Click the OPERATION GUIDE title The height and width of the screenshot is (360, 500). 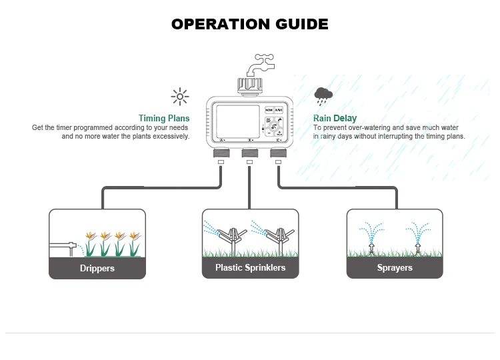coord(249,24)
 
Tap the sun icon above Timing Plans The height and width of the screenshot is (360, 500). coord(179,97)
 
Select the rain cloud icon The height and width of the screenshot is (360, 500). coord(324,96)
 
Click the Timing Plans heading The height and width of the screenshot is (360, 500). coord(164,119)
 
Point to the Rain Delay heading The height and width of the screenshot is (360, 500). coord(335,119)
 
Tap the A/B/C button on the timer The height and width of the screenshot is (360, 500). coord(281,109)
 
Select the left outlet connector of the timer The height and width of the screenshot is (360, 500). coord(221,153)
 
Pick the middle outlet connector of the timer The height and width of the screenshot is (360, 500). coord(249,153)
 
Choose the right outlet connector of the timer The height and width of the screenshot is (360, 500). coord(278,153)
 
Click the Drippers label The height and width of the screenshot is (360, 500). coord(97,268)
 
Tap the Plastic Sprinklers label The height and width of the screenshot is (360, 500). coord(250,267)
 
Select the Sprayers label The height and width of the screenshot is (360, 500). coord(395,267)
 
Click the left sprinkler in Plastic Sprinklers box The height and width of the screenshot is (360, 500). coord(229,239)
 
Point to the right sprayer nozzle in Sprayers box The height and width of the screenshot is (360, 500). coord(418,248)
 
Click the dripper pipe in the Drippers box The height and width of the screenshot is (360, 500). coord(63,245)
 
